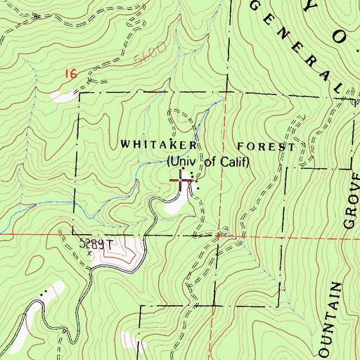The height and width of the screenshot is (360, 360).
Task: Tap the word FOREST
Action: tap(266, 146)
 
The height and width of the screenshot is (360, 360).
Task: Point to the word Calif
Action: tap(234, 162)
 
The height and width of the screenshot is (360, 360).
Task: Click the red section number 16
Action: tap(68, 73)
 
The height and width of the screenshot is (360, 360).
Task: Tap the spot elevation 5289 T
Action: tap(96, 244)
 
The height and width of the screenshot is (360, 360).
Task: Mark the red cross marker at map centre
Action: tap(182, 181)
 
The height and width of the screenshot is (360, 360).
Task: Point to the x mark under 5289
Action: tap(90, 254)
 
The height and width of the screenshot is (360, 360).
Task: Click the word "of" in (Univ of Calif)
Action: tap(209, 162)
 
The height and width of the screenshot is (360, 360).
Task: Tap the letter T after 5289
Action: tap(110, 244)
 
